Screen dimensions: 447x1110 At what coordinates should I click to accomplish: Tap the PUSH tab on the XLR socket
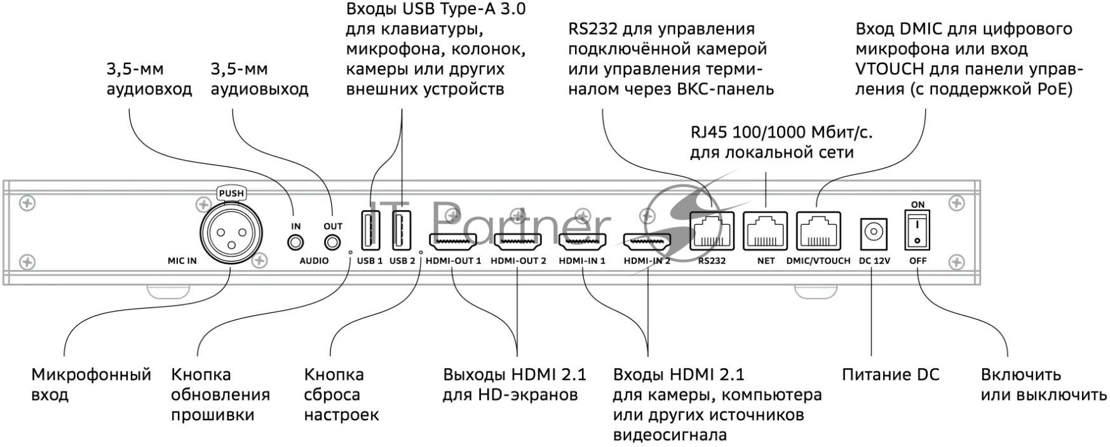pos(231,193)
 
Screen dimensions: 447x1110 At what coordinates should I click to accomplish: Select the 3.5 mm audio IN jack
pos(295,243)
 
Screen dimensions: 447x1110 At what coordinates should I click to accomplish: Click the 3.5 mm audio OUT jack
pos(332,243)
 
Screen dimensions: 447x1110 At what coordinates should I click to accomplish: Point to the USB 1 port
pos(370,229)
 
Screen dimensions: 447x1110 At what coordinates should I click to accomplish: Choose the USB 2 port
pos(402,229)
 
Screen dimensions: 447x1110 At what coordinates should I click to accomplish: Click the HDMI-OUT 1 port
pos(453,242)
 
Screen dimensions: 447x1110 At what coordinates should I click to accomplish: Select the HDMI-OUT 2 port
pos(518,242)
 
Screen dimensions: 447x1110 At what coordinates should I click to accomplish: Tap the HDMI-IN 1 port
pos(582,242)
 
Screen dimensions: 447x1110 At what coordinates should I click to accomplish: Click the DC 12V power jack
pos(874,233)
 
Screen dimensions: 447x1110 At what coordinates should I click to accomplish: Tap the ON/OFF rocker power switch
pos(917,230)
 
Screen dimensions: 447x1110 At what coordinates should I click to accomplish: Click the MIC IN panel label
pos(182,260)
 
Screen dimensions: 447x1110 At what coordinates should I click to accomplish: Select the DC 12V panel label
pos(874,260)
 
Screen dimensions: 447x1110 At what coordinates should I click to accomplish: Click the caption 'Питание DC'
pos(890,375)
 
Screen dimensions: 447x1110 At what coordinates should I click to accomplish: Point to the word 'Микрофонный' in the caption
pos(91,375)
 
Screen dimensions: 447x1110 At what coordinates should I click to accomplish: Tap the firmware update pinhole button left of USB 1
pos(350,251)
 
